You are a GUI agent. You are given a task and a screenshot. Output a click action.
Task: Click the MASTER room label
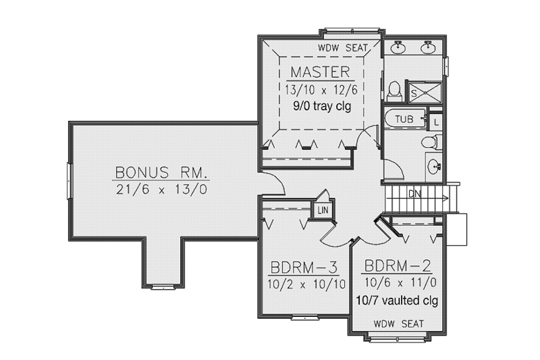point(320,72)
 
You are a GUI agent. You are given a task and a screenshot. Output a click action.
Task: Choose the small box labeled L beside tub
point(436,122)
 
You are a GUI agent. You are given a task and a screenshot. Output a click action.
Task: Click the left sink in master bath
point(399,47)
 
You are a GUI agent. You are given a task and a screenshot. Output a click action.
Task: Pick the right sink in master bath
point(427,47)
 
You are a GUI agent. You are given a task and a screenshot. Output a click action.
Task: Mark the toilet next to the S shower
point(395,91)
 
